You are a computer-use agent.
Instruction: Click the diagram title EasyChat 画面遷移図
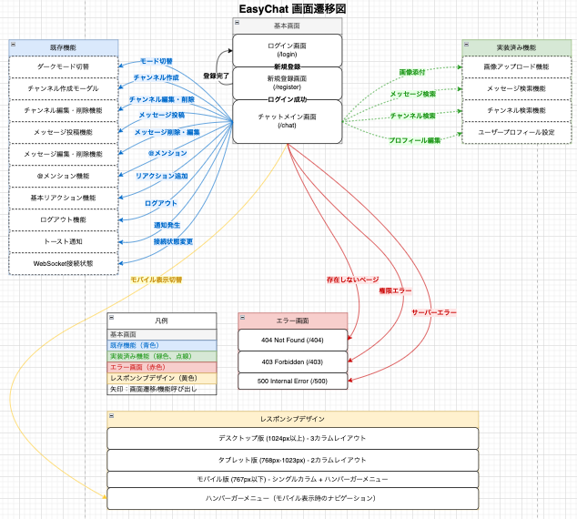(x=288, y=9)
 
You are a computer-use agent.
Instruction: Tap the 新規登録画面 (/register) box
(x=288, y=82)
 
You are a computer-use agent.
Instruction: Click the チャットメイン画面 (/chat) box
(x=288, y=120)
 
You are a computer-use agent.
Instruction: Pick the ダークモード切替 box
(x=63, y=66)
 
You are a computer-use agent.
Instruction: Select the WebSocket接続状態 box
(x=63, y=263)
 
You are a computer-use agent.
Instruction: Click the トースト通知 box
(x=63, y=241)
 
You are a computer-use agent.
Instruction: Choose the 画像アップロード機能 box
(x=516, y=66)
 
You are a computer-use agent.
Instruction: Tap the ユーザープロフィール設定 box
(x=516, y=132)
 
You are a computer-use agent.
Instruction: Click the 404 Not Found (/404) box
(x=292, y=339)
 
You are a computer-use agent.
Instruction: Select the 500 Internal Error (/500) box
(x=292, y=381)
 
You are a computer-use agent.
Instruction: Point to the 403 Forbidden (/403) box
(x=292, y=360)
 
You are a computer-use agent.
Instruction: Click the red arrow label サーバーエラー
(x=434, y=311)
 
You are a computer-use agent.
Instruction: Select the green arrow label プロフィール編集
(x=415, y=140)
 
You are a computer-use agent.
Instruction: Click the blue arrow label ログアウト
(x=162, y=203)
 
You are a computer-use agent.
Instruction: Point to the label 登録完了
(x=216, y=75)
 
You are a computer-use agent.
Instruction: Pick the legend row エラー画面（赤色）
(x=162, y=366)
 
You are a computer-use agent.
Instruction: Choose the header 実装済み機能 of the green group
(x=516, y=46)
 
